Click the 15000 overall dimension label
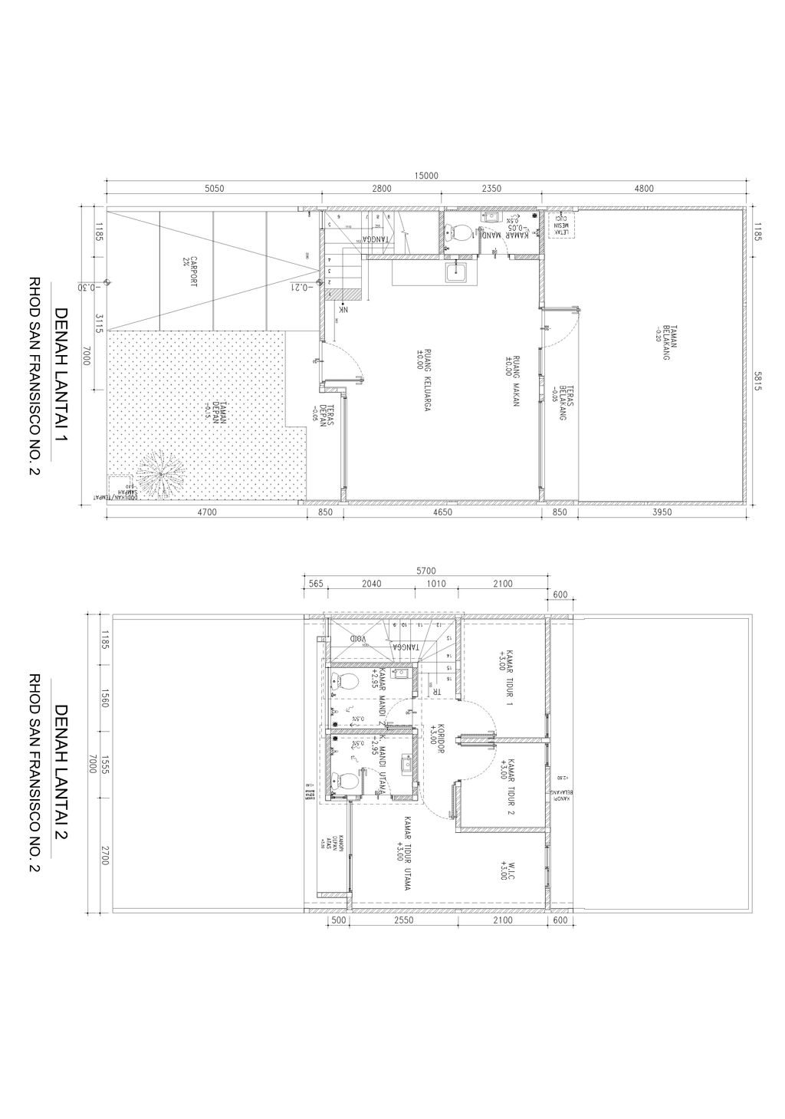pyautogui.click(x=426, y=176)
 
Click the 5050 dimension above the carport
pyautogui.click(x=215, y=189)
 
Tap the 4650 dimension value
pyautogui.click(x=442, y=512)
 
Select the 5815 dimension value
pyautogui.click(x=757, y=381)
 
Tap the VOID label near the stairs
pyautogui.click(x=358, y=639)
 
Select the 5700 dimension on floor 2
pyautogui.click(x=425, y=571)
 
